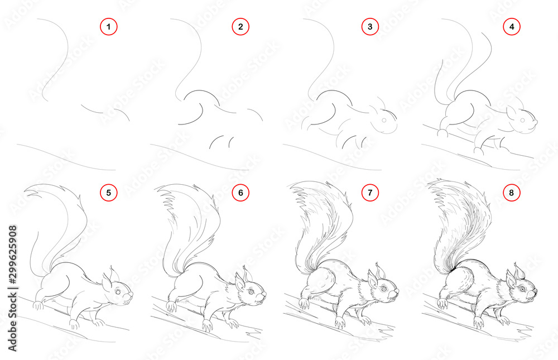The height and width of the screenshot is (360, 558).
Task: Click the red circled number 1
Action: point(109,26)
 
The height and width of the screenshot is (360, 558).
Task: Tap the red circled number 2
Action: point(240,26)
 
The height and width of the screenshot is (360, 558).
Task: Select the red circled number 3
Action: point(369,26)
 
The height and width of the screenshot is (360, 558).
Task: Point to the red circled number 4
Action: point(511,26)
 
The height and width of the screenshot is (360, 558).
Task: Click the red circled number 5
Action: point(109,193)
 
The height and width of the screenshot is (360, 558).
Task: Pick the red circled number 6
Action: point(240,193)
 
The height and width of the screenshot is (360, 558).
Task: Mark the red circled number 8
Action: point(511,193)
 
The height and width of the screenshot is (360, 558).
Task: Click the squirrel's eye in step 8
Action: point(522,289)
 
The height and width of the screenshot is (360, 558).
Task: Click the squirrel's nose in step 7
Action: point(397,291)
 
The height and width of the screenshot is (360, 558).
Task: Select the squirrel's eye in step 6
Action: point(251,291)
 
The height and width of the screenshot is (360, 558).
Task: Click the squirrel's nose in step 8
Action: point(535,291)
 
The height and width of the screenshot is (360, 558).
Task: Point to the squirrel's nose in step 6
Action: point(264,294)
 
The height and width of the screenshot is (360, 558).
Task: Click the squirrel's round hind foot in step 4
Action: point(442,133)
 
